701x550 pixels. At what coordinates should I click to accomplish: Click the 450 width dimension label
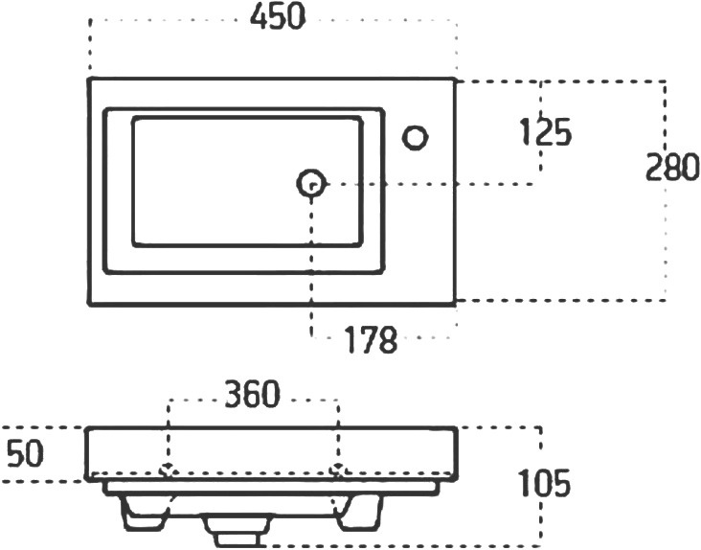tap(278, 17)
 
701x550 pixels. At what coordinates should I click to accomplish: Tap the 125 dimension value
tap(546, 132)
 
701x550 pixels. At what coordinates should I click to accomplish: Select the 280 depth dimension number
tap(672, 167)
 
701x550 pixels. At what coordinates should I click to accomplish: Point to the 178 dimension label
tap(371, 339)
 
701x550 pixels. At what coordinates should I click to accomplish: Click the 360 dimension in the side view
tap(252, 394)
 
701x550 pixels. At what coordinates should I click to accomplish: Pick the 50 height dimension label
tap(26, 453)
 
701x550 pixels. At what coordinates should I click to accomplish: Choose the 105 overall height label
tap(544, 483)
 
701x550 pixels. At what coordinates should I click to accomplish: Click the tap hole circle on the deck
tap(416, 137)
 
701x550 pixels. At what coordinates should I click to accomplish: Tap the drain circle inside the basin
tap(311, 183)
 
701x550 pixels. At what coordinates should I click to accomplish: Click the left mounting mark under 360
tap(168, 470)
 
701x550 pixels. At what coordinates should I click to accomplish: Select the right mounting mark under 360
tap(337, 470)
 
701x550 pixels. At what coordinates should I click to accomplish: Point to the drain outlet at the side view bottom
tap(237, 531)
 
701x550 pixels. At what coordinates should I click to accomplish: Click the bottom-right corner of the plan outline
tap(455, 304)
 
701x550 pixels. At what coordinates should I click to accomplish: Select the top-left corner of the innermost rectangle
tap(134, 118)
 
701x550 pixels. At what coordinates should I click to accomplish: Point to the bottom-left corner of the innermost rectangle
tap(134, 244)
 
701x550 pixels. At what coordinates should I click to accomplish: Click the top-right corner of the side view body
tap(456, 429)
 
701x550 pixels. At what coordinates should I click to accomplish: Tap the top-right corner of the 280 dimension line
tap(666, 82)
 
